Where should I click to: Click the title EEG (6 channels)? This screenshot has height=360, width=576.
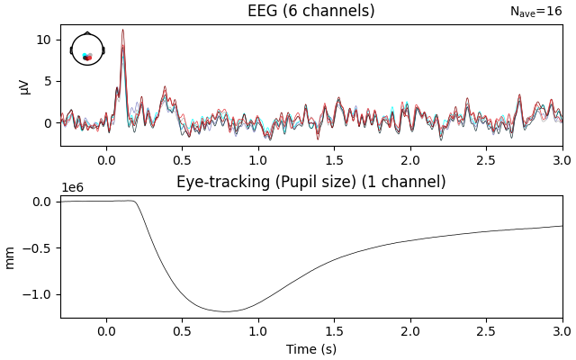point(310,11)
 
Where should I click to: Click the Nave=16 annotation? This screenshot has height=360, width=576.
point(535,12)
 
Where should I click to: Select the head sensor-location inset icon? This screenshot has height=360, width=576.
point(87,49)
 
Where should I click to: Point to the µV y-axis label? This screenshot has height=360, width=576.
point(23,85)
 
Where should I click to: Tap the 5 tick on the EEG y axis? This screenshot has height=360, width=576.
point(52,81)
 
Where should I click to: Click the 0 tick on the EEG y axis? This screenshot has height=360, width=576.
point(52,122)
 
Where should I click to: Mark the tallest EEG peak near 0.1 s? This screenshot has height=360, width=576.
point(123,30)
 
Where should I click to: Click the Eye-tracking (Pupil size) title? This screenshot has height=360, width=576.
point(310,182)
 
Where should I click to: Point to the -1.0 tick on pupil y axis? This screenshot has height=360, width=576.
point(43,294)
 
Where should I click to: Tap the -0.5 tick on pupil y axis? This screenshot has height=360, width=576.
point(43,247)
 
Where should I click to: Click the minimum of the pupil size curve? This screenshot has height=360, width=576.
point(225,311)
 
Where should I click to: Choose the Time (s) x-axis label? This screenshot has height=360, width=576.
point(311,349)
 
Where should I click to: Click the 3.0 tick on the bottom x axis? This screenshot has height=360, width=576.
point(562,331)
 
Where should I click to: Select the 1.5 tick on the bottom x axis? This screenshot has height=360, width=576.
point(334,331)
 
